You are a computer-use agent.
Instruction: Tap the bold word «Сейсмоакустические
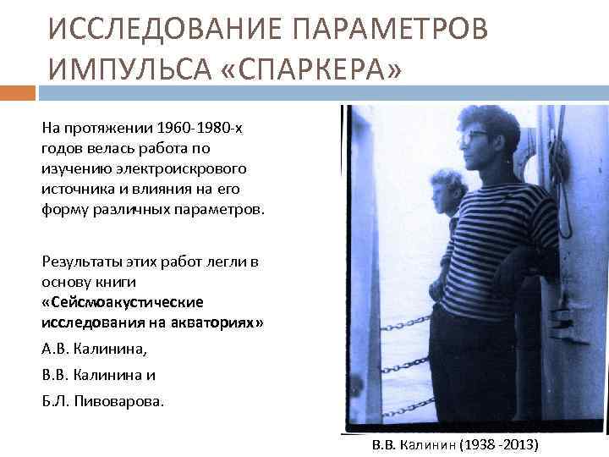122,302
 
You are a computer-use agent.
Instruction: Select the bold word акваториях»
215,322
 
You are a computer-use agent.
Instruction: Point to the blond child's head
446,186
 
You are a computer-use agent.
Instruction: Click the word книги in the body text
118,281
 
